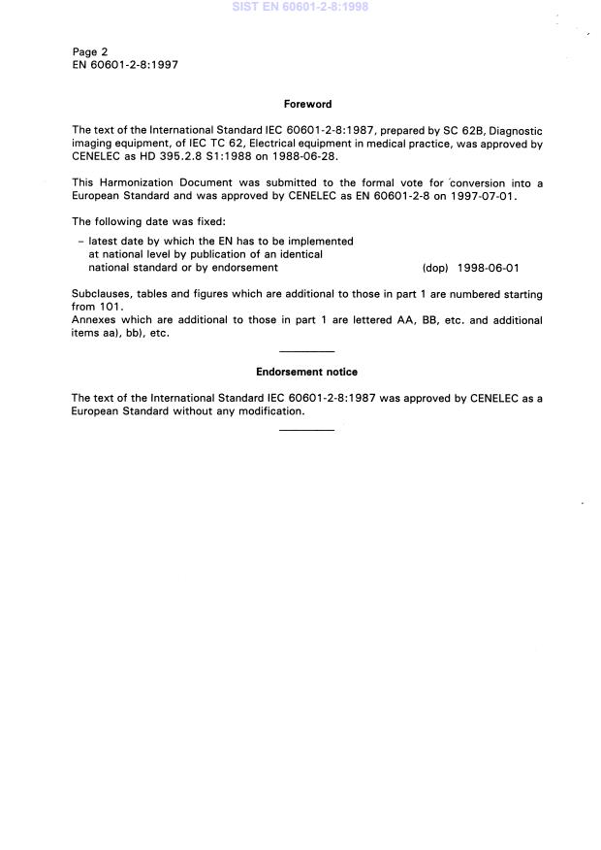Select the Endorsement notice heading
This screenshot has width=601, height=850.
point(306,372)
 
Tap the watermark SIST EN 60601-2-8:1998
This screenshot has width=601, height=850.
point(300,7)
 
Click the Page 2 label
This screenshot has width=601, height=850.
point(90,51)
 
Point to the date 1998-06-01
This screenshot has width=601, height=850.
point(489,268)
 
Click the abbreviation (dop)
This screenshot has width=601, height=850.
point(435,268)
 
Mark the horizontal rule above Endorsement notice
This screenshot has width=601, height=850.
point(306,351)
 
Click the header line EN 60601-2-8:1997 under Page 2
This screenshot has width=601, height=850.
point(125,65)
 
